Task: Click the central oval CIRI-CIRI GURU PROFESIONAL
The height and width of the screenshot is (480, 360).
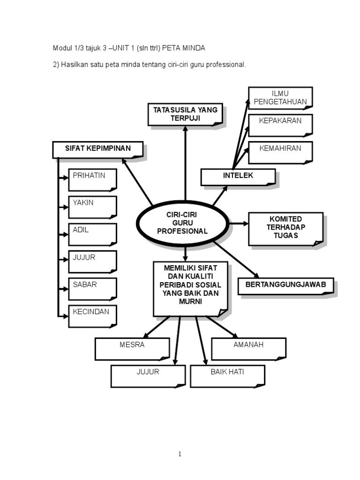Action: tap(183, 223)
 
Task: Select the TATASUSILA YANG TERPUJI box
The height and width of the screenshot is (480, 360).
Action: tap(185, 114)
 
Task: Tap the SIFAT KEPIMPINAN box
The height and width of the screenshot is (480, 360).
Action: tap(97, 150)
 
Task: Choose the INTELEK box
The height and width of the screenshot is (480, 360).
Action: tap(238, 177)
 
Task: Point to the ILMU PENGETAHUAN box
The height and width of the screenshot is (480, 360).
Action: tap(280, 97)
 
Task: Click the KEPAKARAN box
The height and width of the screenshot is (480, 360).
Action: tap(280, 125)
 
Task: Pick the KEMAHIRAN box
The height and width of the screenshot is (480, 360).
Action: tap(280, 152)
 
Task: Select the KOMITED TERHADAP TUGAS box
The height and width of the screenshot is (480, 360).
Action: tap(285, 228)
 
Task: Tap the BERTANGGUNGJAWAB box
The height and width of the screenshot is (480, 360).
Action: tap(285, 285)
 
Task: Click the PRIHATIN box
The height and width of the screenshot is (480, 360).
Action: tap(92, 180)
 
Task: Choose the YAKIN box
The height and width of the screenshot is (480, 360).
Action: tap(92, 207)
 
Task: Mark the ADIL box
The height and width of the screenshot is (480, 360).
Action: tap(92, 234)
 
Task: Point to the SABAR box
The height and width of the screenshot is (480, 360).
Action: tap(92, 288)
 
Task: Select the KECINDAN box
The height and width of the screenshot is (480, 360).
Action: tap(92, 315)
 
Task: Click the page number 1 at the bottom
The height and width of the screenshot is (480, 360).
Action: tap(180, 454)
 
